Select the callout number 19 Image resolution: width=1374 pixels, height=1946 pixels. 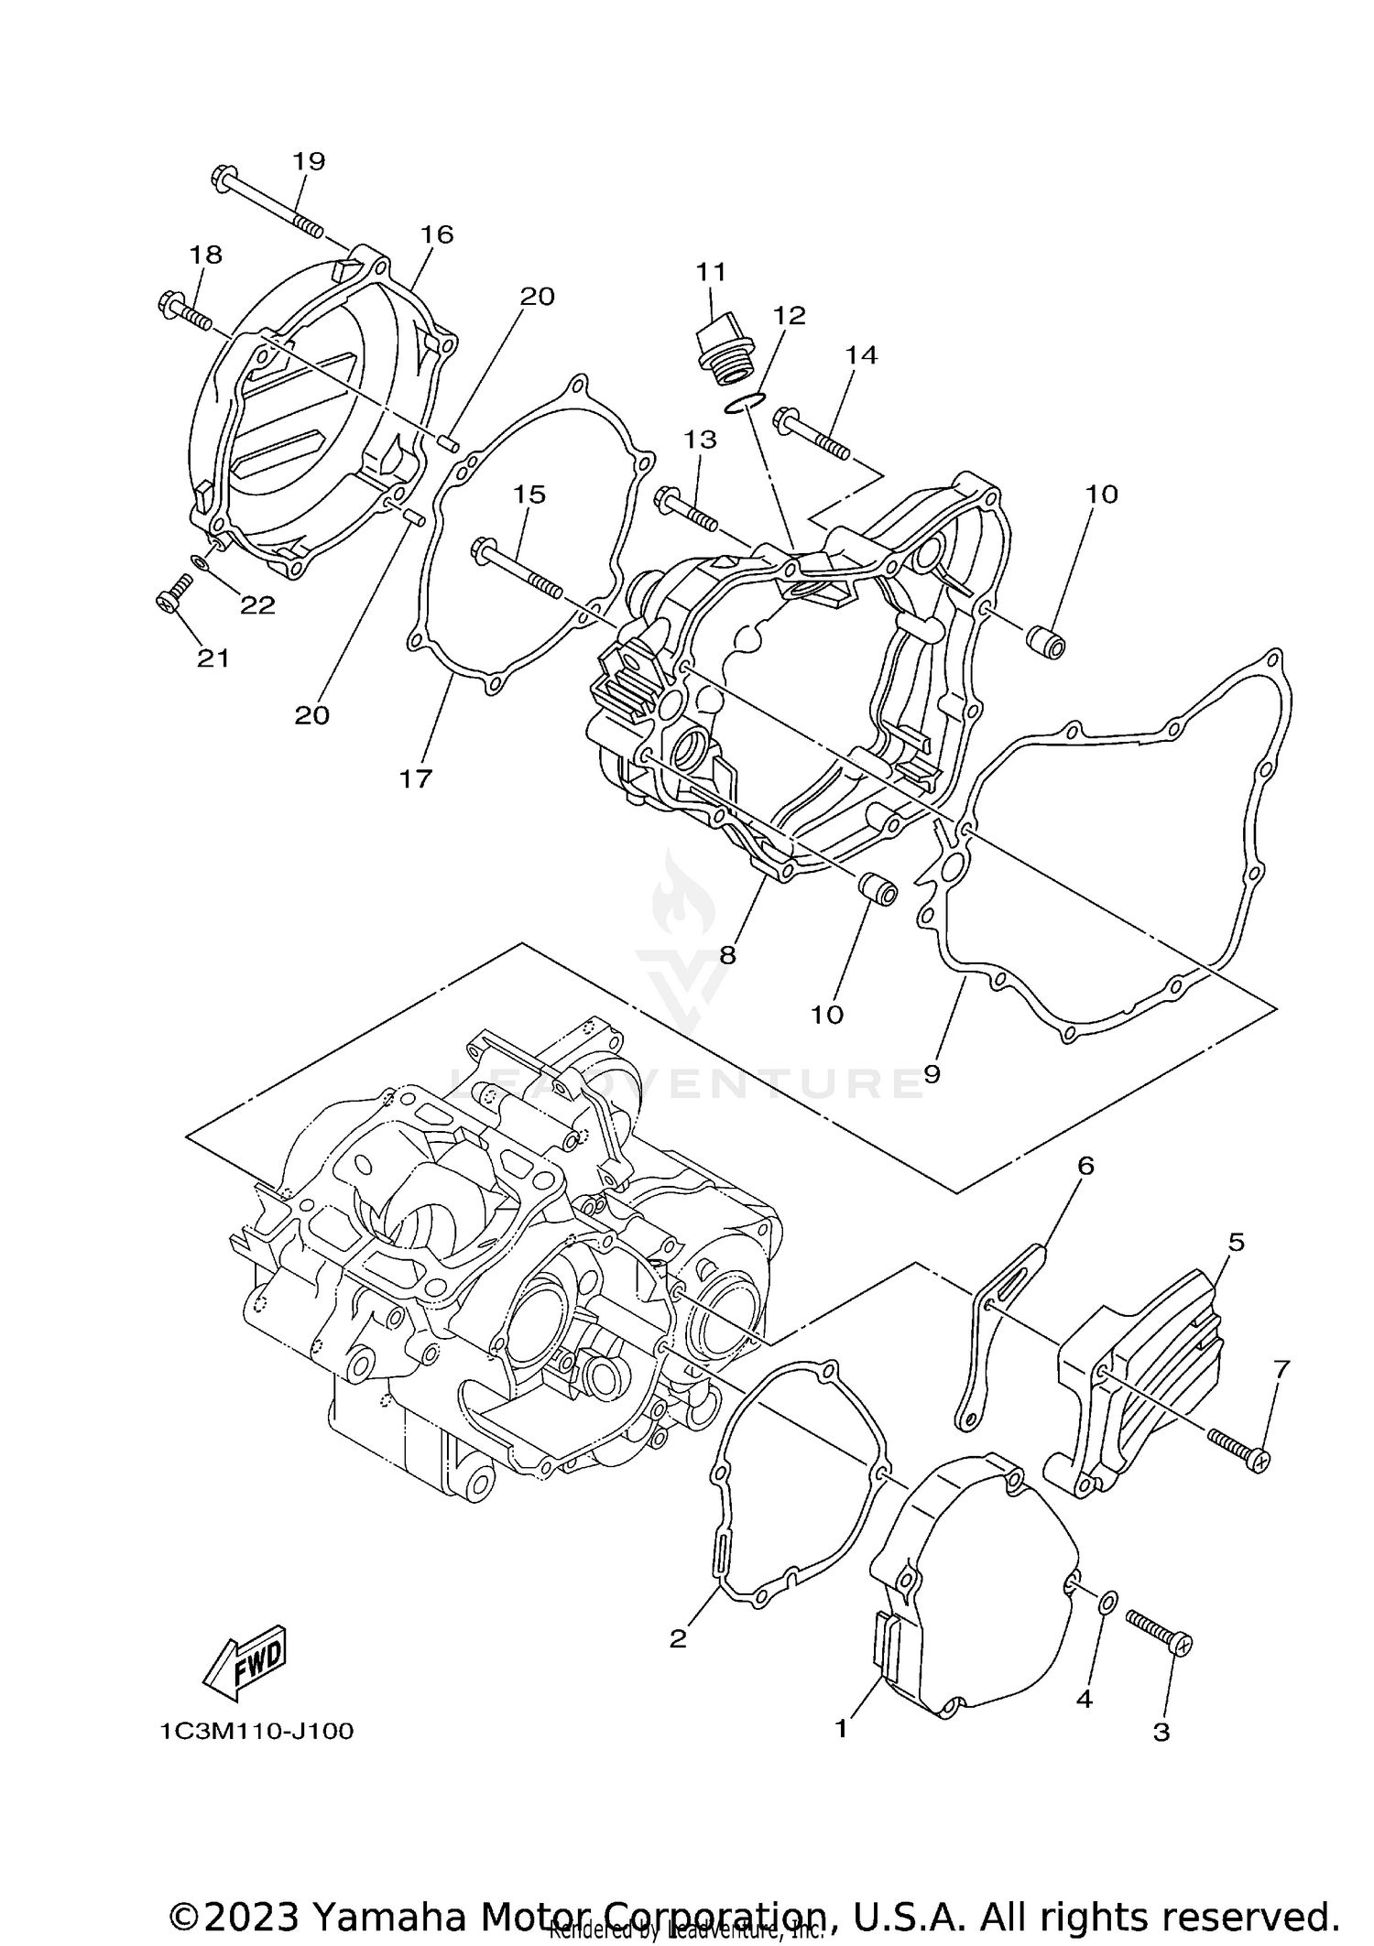click(309, 161)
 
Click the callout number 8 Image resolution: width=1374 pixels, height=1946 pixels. click(727, 955)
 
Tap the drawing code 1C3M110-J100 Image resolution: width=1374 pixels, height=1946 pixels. click(256, 1732)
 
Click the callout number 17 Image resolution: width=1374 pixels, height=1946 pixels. click(415, 779)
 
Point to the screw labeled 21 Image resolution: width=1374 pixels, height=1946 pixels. click(170, 594)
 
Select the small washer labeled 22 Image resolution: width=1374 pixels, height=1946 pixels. click(199, 561)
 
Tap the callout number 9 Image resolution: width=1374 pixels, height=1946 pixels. click(932, 1073)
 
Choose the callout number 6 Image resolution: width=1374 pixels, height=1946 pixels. click(1085, 1165)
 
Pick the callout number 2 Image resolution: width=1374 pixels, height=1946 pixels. click(678, 1638)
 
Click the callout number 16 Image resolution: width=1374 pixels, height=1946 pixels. click(437, 234)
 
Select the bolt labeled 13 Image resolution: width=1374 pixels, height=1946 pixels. click(687, 509)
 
